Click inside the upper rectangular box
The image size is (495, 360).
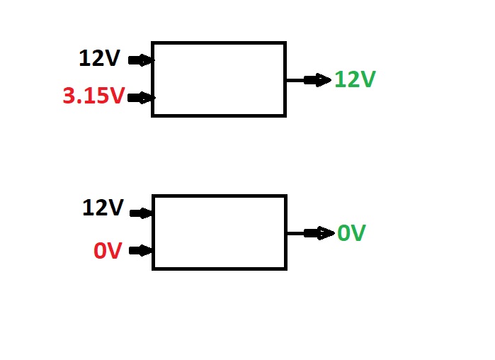click(x=219, y=79)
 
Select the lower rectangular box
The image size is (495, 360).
click(x=219, y=232)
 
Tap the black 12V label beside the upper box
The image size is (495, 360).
click(x=101, y=59)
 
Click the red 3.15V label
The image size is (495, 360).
click(x=93, y=96)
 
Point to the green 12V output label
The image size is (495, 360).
click(x=354, y=79)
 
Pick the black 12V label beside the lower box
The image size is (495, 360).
click(x=103, y=208)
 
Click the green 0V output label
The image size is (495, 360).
click(x=351, y=232)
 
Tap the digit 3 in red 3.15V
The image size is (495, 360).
click(x=70, y=96)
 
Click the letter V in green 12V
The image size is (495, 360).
click(x=366, y=79)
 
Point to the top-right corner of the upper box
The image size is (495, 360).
click(x=285, y=43)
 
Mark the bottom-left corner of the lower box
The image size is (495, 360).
click(x=153, y=269)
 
